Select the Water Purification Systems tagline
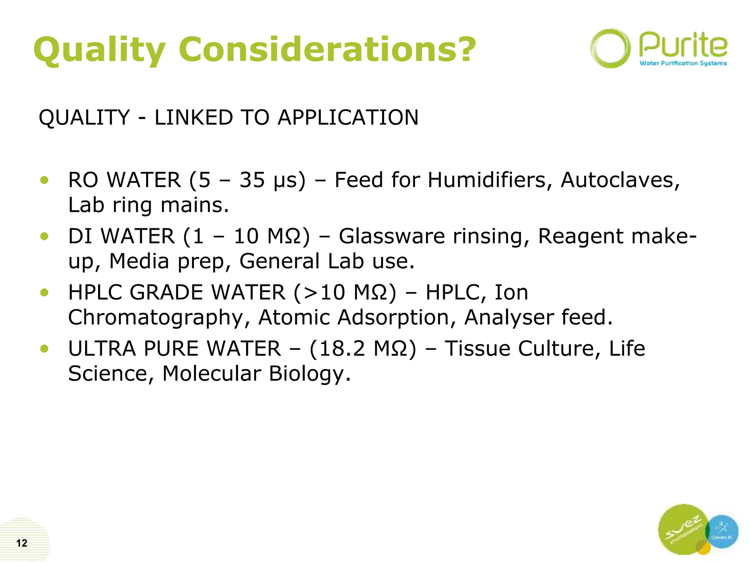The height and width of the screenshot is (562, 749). tap(683, 63)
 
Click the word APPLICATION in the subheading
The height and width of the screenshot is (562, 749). tap(348, 117)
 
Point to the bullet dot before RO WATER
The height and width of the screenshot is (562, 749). tap(45, 180)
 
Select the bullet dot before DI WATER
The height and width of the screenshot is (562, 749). tap(45, 236)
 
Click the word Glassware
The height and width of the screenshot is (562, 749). tap(392, 236)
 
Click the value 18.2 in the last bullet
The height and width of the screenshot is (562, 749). tap(342, 348)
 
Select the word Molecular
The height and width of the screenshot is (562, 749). tap(211, 374)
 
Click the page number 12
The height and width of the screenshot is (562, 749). tap(22, 543)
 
